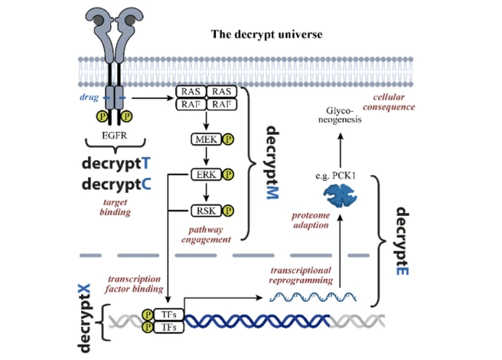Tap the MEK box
click(204, 139)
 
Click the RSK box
click(204, 208)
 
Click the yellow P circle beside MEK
click(228, 139)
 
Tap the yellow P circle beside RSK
click(228, 208)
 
